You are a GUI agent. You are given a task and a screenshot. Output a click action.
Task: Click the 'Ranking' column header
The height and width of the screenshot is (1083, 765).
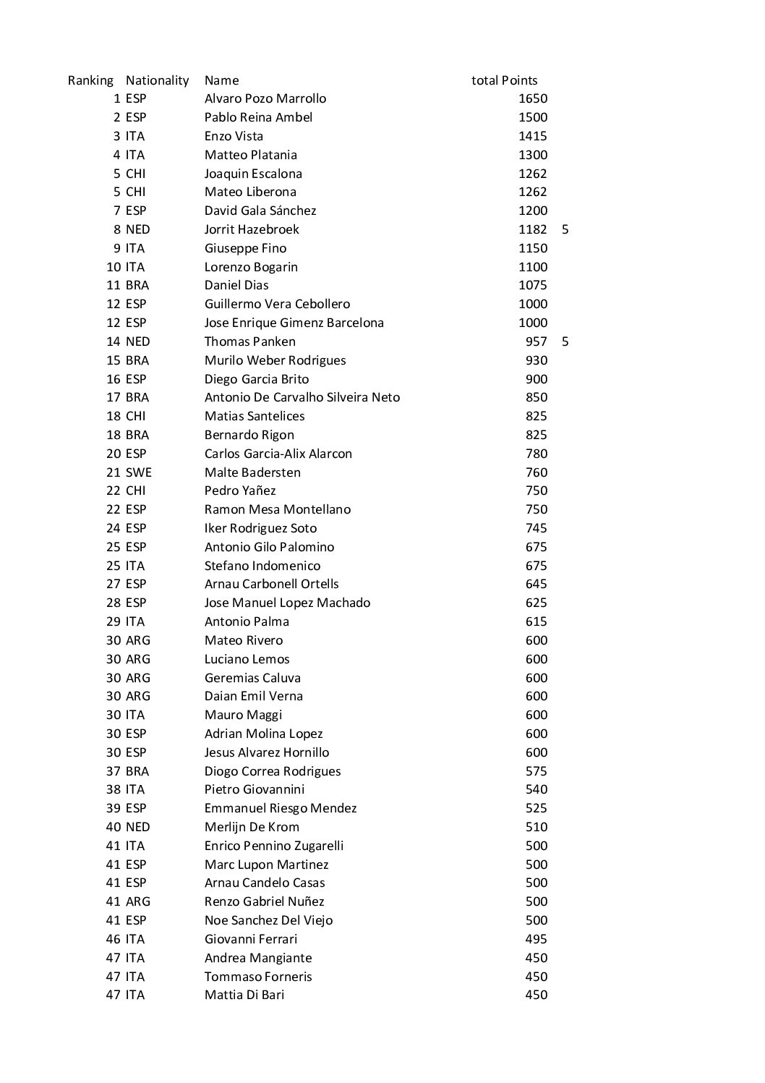coord(90,80)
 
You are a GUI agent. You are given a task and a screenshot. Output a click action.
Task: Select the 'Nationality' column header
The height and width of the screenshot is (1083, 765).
coord(157,80)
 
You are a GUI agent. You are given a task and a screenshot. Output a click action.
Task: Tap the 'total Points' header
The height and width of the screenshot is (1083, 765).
coord(504,80)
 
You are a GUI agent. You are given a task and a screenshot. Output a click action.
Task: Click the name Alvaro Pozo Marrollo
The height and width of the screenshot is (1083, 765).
coord(265,98)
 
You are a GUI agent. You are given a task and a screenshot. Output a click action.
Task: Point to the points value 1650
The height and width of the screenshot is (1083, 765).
coord(533,98)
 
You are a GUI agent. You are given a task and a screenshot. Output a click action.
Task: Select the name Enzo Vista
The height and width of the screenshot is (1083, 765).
coord(234,136)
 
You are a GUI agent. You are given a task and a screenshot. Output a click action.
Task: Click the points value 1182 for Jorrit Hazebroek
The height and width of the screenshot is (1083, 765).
coord(533,229)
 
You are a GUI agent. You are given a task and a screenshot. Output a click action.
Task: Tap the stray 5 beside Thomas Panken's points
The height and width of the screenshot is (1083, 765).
coord(565,341)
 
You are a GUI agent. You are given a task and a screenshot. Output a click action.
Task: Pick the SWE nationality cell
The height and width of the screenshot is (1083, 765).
coord(138,472)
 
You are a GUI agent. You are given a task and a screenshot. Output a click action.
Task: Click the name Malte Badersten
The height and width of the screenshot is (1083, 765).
coord(252,472)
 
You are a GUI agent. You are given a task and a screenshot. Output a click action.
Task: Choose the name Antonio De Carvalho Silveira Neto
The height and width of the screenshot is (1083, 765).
coord(302,397)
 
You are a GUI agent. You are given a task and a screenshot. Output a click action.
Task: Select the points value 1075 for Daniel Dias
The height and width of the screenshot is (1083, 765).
coord(533,285)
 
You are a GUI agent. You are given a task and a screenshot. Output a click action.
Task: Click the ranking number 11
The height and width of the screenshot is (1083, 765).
coord(114,285)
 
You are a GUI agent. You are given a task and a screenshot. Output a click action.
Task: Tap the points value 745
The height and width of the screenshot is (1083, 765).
coord(537,528)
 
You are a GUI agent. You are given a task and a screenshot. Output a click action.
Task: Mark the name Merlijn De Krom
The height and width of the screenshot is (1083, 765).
coord(252,827)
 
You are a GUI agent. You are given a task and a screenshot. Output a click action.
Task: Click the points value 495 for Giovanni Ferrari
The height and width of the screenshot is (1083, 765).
coord(537,939)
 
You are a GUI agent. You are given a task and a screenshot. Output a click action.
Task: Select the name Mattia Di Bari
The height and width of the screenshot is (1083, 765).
coord(244,995)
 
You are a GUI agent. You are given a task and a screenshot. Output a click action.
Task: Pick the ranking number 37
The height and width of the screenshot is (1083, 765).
coord(114,771)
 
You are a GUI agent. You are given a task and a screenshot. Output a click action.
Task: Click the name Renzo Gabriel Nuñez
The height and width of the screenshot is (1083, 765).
coord(264,901)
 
